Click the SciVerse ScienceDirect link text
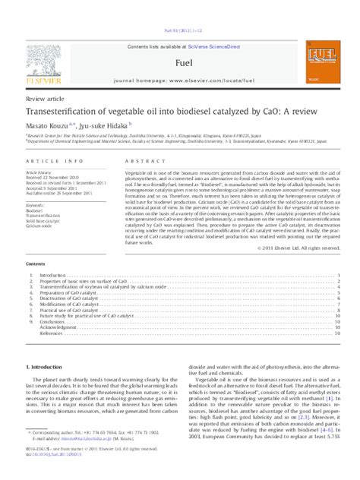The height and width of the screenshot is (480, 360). (x=205, y=47)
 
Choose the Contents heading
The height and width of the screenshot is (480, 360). (x=36, y=264)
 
